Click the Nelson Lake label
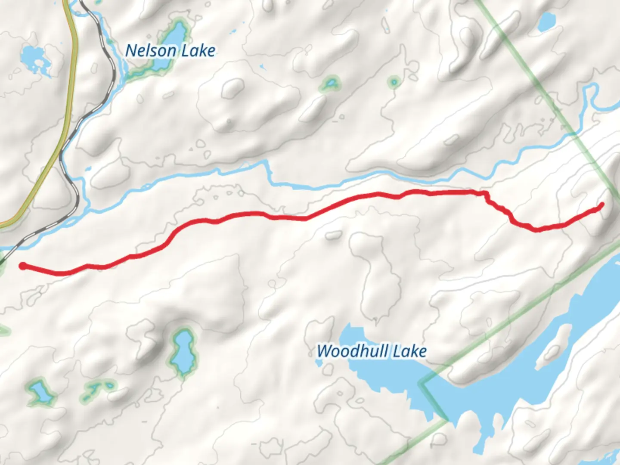[170, 51]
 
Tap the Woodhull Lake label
[372, 351]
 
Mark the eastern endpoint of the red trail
[601, 205]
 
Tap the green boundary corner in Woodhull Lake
[422, 382]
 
